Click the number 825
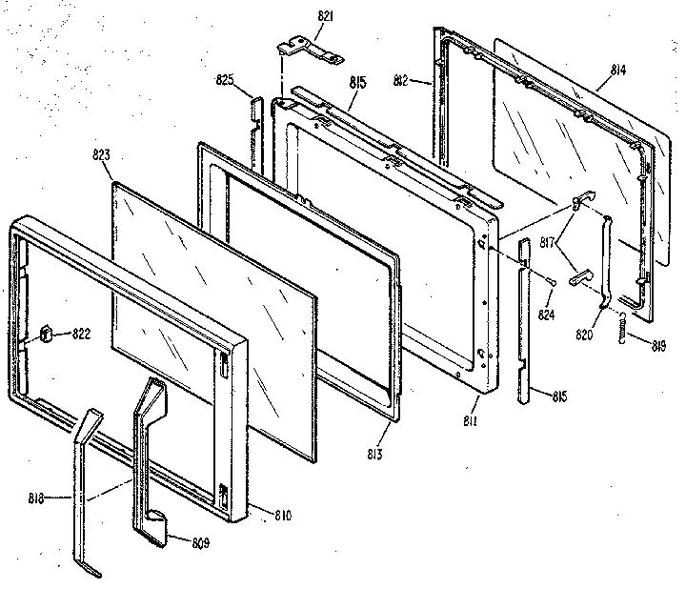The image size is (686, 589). (225, 81)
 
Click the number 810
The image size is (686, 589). (281, 516)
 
